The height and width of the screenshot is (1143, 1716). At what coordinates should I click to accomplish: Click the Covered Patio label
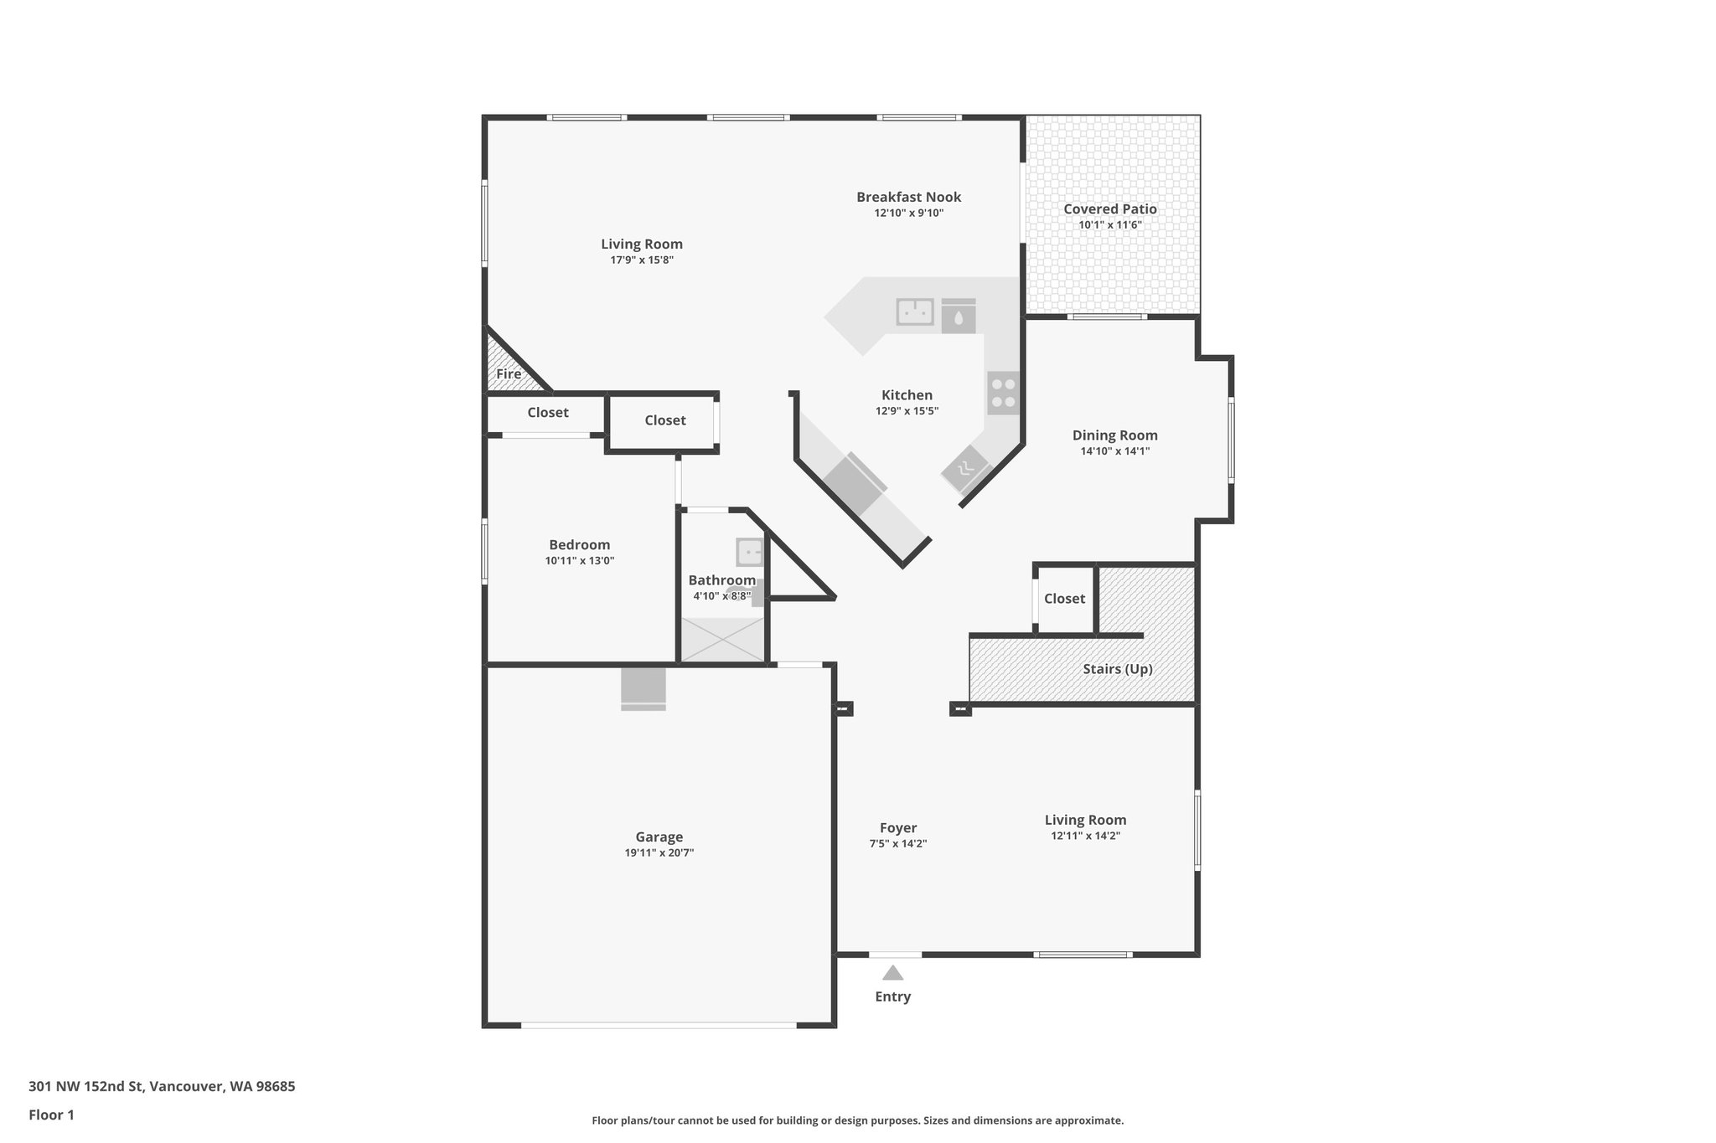1109,209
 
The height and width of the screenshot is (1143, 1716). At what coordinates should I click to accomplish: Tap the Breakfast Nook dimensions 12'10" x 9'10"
908,214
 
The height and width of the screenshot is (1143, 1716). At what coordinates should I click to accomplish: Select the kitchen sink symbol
915,312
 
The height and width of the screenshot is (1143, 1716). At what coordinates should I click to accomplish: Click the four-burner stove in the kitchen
1003,394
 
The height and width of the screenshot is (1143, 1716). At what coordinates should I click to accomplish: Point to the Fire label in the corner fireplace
509,374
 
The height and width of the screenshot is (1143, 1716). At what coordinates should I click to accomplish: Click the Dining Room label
1114,435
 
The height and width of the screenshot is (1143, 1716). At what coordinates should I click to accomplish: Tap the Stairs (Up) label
1117,669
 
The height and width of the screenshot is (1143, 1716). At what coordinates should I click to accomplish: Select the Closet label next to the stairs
1064,599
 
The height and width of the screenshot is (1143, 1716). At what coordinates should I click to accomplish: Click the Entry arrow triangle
892,973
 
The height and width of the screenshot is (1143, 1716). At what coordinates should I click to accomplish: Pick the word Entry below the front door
892,996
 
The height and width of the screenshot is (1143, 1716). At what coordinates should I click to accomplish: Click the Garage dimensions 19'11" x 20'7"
659,853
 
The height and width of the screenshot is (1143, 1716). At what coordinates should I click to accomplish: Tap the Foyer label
897,828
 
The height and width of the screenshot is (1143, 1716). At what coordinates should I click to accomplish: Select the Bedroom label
579,545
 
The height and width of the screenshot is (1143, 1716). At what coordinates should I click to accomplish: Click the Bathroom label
721,580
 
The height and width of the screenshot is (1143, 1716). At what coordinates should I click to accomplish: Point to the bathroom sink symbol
750,553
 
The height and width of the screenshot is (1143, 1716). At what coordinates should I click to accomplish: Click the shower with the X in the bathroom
722,640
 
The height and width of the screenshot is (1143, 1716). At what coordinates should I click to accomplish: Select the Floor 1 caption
51,1115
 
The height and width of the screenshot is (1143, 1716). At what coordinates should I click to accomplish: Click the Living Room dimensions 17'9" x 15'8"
641,260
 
